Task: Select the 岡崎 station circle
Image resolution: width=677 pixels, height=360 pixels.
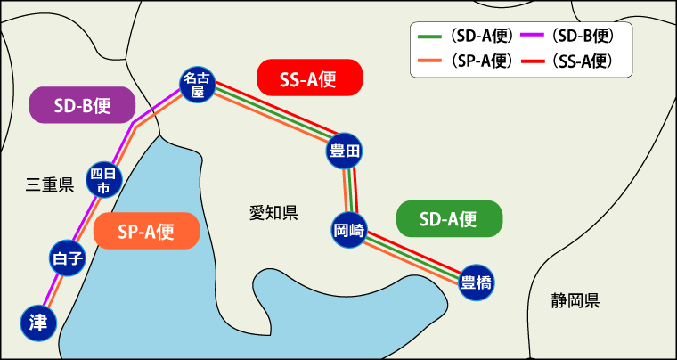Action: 349,229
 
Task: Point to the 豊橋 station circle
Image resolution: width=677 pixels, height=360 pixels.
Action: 477,283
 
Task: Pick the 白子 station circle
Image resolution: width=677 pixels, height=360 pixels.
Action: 68,259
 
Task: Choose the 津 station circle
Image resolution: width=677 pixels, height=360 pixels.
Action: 38,323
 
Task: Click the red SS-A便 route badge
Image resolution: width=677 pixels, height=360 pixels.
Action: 309,78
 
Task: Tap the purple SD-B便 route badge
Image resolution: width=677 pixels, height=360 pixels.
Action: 82,105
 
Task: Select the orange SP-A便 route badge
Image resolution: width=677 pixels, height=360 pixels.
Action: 146,232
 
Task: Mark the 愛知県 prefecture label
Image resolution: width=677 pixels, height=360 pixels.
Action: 273,212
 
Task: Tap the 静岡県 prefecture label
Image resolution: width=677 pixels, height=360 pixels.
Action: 575,299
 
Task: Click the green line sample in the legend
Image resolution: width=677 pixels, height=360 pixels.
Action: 429,37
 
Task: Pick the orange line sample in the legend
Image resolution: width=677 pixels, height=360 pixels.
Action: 429,61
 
